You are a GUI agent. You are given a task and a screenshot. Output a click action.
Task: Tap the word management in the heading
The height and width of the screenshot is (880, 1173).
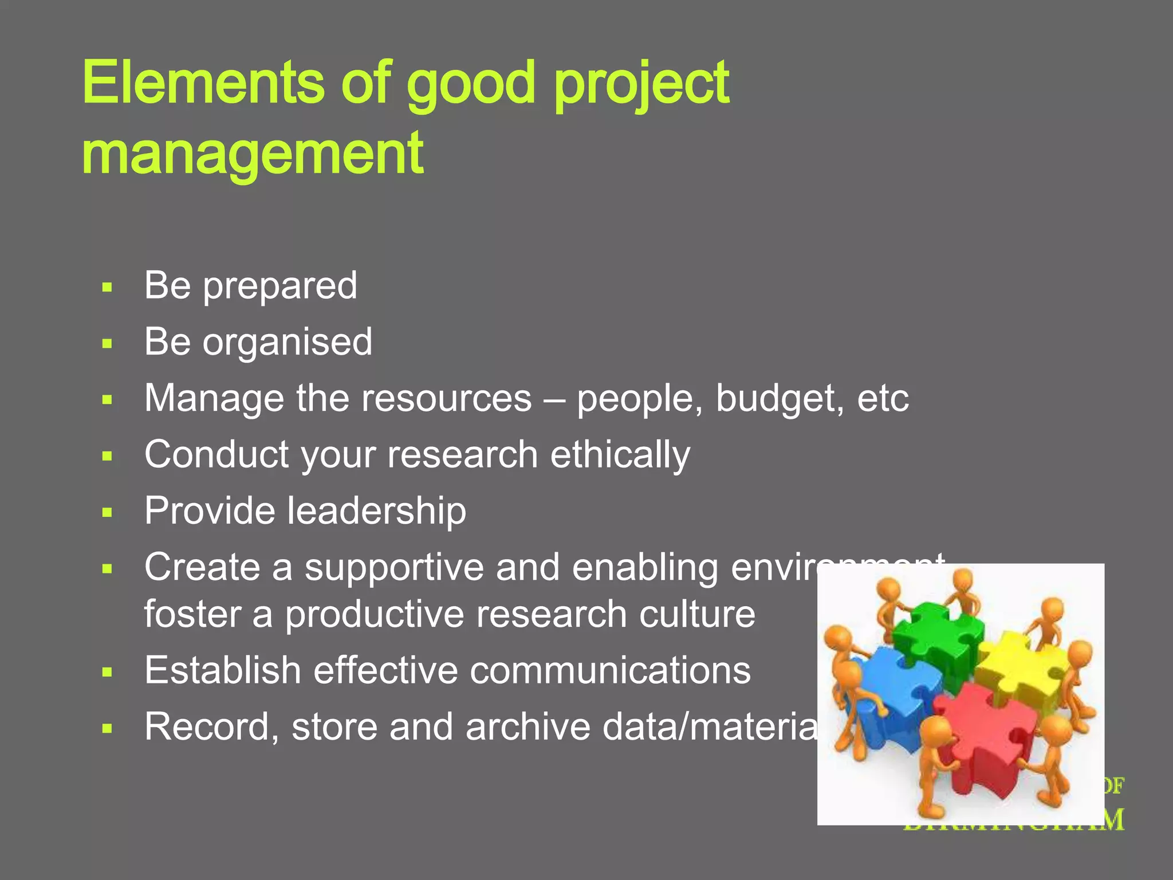coord(253,154)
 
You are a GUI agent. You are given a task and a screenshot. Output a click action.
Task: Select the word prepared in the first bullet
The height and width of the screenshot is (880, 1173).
coord(280,286)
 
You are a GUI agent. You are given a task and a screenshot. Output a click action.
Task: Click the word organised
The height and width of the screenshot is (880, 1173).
coord(287,342)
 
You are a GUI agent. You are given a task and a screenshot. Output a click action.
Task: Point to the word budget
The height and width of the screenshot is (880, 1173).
coord(780,399)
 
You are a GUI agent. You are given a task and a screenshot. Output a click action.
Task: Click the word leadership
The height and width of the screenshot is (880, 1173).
coord(376,510)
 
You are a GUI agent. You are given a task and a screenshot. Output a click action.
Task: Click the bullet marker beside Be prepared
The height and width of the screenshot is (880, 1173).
coord(107,287)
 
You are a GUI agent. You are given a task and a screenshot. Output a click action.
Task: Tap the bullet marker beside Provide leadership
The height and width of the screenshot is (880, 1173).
coord(107,512)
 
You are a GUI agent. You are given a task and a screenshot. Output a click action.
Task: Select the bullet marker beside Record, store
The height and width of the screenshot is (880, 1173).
coord(107,729)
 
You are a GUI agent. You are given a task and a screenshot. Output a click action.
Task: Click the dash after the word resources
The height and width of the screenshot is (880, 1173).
coord(554,400)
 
